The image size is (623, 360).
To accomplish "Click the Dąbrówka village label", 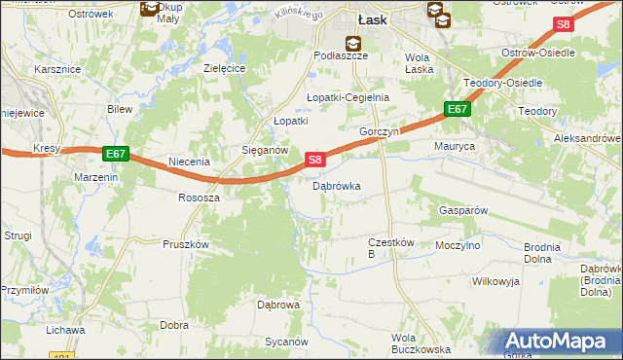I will [x=337, y=186].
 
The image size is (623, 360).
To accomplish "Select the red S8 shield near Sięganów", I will [x=314, y=159].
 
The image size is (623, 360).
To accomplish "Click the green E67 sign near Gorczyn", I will [x=458, y=110].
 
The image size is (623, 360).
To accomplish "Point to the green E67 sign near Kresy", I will [x=114, y=154].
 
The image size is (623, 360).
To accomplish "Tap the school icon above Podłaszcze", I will [x=351, y=42].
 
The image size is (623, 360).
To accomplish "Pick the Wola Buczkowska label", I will [x=420, y=343].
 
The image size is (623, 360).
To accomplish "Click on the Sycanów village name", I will [x=287, y=342].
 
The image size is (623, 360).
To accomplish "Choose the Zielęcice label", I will [x=223, y=69].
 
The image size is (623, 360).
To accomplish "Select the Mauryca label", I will [x=454, y=146].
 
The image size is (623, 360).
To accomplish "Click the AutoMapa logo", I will [x=560, y=341].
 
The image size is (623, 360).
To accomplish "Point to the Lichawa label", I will [x=64, y=330].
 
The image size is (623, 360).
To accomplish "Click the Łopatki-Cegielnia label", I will [x=348, y=97].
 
